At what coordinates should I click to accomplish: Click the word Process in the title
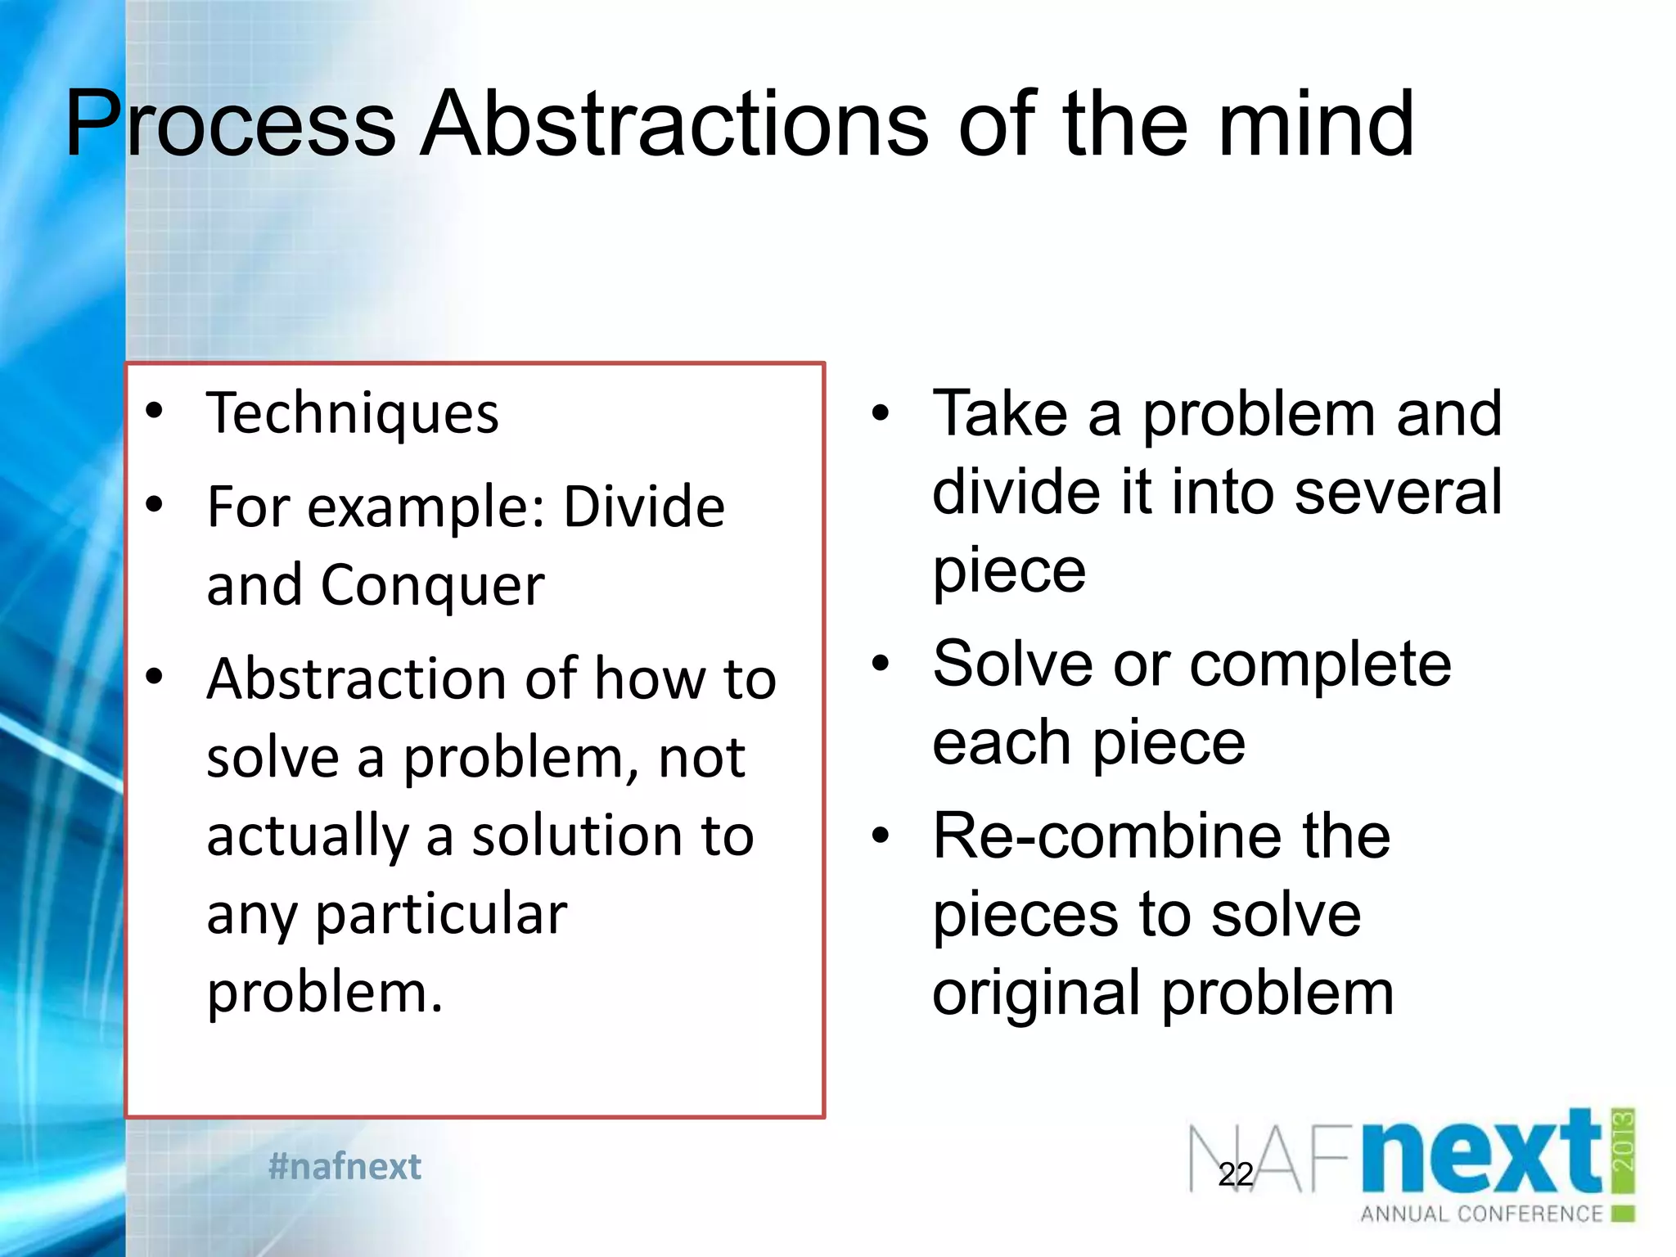231,125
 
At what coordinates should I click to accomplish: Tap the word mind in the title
1316,125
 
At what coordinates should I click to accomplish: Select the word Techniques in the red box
352,414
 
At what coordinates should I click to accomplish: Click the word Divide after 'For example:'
644,507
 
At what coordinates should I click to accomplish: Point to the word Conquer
432,586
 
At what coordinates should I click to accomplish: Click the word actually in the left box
307,836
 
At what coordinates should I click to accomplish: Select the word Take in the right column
1000,413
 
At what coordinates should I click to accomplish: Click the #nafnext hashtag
345,1166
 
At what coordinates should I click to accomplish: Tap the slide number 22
1235,1174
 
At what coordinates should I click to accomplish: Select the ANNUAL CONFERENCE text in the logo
1480,1214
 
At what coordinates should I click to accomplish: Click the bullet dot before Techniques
154,412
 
